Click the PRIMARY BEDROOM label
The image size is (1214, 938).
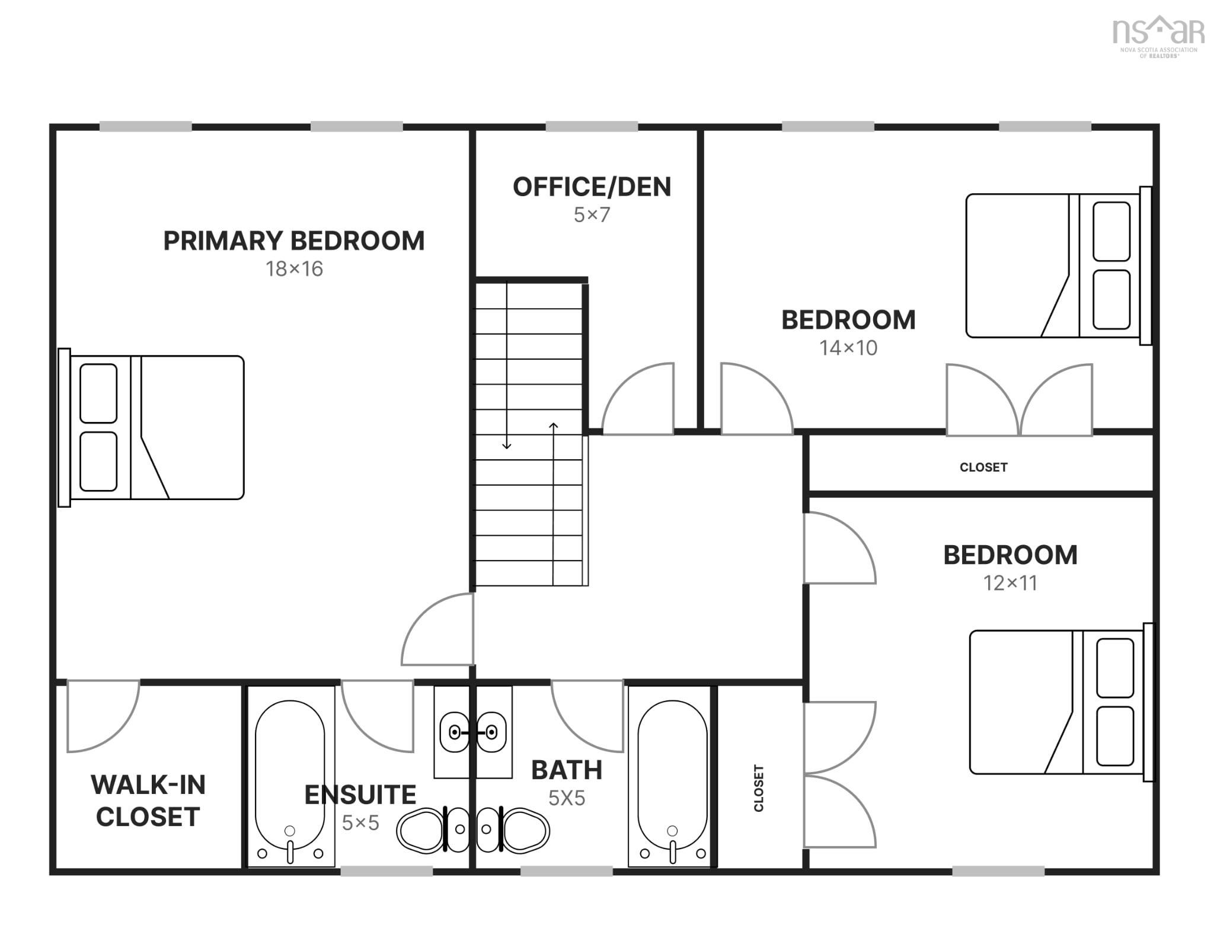[294, 241]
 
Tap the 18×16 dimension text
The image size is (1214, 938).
[294, 269]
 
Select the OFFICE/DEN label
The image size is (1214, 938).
[592, 187]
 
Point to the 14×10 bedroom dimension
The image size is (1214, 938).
[848, 348]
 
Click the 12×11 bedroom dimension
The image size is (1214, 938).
[1010, 583]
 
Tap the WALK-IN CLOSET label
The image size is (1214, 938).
[148, 801]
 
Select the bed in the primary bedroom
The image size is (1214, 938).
[151, 427]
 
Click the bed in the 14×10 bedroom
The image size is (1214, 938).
[1059, 265]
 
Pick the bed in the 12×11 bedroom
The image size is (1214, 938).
[1062, 702]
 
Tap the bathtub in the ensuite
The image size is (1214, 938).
[290, 776]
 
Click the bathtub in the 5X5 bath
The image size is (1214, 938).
[673, 776]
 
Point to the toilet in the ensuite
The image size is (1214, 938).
[433, 830]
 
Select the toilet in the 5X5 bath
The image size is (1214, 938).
[513, 830]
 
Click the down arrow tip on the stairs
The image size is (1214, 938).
[507, 449]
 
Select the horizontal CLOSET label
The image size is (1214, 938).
[983, 468]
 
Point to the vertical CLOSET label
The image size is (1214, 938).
[759, 788]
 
